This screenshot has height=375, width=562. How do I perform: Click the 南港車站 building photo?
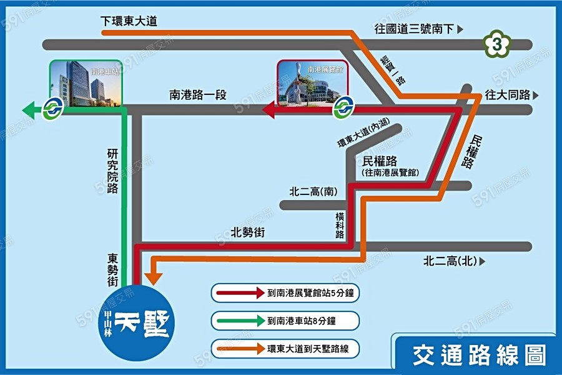coord(86,83)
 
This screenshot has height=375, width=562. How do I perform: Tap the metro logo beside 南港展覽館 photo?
coord(341,108)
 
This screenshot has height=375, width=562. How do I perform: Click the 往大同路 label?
coord(507,95)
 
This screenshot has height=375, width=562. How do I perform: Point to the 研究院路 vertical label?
coord(112,171)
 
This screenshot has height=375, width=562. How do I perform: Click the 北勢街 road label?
coord(248,232)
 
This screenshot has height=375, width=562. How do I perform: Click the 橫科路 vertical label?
coord(340,224)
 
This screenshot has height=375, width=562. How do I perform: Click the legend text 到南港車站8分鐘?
coord(302,321)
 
